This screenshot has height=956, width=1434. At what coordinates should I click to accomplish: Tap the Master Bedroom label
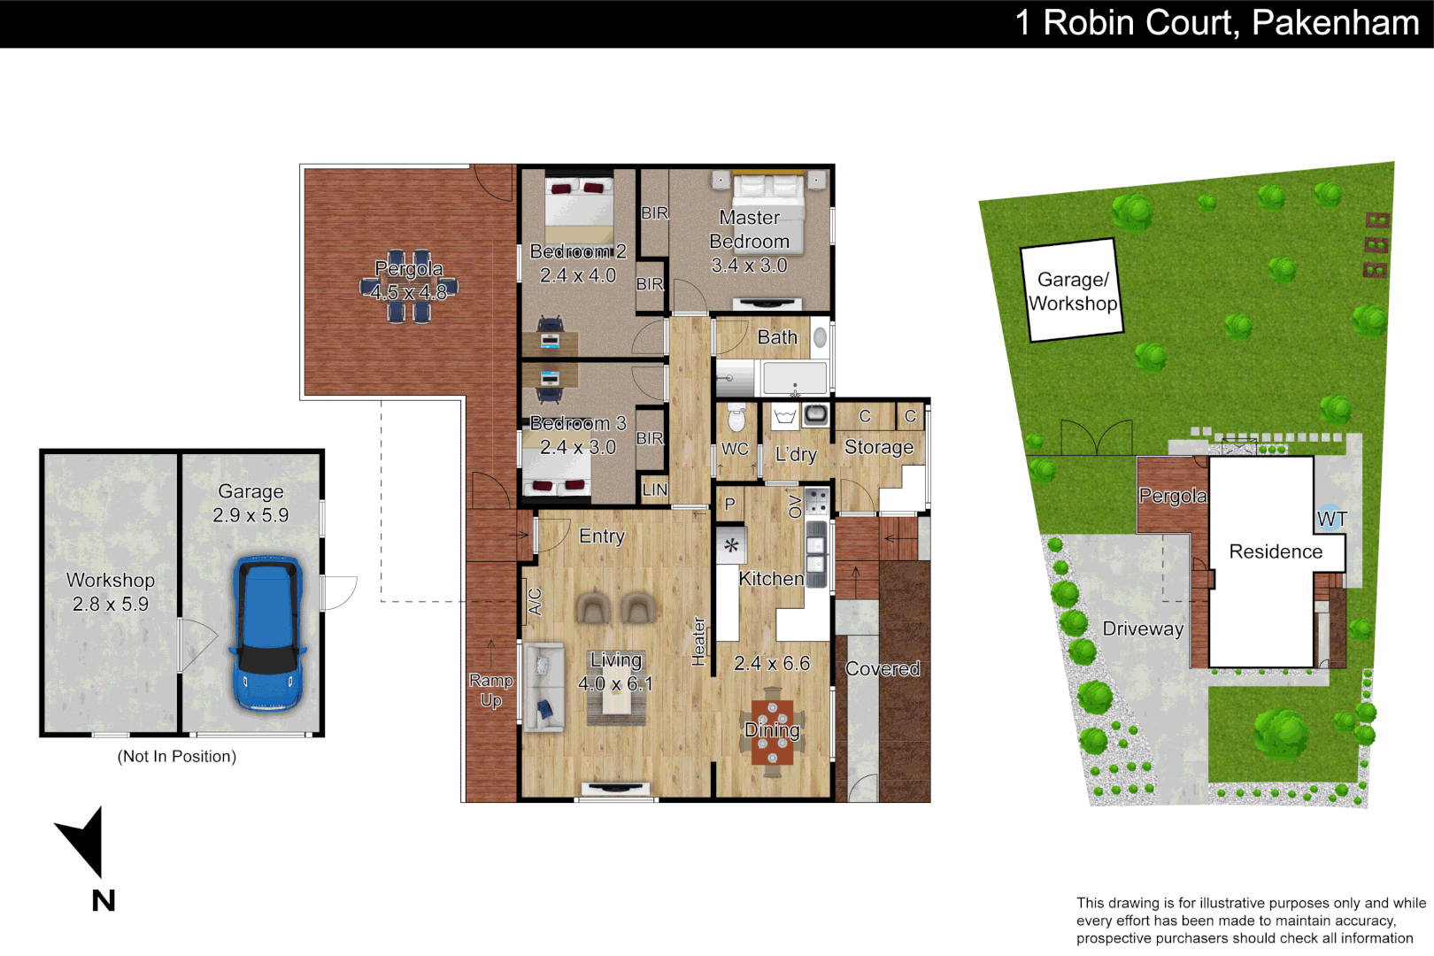click(749, 229)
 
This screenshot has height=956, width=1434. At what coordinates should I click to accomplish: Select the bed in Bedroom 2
click(579, 211)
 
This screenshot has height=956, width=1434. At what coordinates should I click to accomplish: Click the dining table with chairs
click(773, 732)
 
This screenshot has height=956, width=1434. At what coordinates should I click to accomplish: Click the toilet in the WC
click(736, 417)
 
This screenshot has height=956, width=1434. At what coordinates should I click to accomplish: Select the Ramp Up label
click(491, 690)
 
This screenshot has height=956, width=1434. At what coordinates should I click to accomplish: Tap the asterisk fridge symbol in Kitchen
click(731, 545)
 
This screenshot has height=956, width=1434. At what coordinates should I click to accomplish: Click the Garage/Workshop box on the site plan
click(1072, 291)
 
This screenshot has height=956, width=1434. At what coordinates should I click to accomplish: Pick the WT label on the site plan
click(1331, 520)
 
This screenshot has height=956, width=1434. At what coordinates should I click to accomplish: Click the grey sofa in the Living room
click(544, 687)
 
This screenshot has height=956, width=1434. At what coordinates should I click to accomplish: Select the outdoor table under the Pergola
click(409, 285)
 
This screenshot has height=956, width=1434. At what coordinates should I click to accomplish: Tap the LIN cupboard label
click(654, 490)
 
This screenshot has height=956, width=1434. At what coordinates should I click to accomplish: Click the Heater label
click(698, 641)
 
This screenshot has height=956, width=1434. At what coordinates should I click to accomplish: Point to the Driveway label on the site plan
click(1143, 628)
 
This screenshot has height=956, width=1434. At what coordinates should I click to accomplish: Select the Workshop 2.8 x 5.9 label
click(111, 591)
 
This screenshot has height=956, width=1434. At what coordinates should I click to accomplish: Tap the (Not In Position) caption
click(177, 756)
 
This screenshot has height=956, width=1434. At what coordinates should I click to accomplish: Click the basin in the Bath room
click(821, 337)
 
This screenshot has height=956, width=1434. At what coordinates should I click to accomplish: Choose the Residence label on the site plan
click(1276, 551)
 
